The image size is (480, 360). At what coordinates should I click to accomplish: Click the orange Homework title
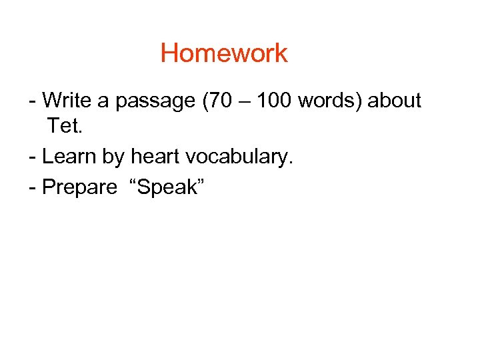pyautogui.click(x=224, y=53)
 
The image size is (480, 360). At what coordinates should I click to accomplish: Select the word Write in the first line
pyautogui.click(x=69, y=101)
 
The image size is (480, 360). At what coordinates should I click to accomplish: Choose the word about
pyautogui.click(x=395, y=101)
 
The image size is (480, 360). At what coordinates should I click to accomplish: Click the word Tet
pyautogui.click(x=64, y=125)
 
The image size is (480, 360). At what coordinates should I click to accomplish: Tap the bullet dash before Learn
pyautogui.click(x=33, y=157)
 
